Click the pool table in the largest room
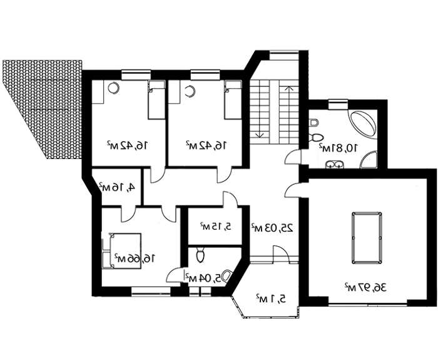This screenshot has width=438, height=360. [x=367, y=238]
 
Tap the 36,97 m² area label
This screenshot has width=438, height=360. [x=365, y=287]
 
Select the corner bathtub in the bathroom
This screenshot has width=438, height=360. [x=362, y=125]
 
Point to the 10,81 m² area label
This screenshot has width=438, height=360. [x=339, y=148]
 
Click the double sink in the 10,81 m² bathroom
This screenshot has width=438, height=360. [x=334, y=164]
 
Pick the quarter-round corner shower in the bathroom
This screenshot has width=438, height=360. [x=369, y=160]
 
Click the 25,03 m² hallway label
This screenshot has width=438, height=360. [x=273, y=228]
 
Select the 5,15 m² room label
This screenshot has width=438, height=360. [x=216, y=226]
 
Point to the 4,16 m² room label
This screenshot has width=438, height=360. [x=117, y=187]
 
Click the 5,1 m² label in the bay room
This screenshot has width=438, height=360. [x=271, y=299]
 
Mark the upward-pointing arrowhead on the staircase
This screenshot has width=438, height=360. [x=289, y=88]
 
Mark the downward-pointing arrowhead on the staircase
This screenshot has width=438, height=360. [x=260, y=135]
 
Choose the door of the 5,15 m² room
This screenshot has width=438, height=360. [x=230, y=199]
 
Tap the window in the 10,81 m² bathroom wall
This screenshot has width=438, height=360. [x=338, y=106]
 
